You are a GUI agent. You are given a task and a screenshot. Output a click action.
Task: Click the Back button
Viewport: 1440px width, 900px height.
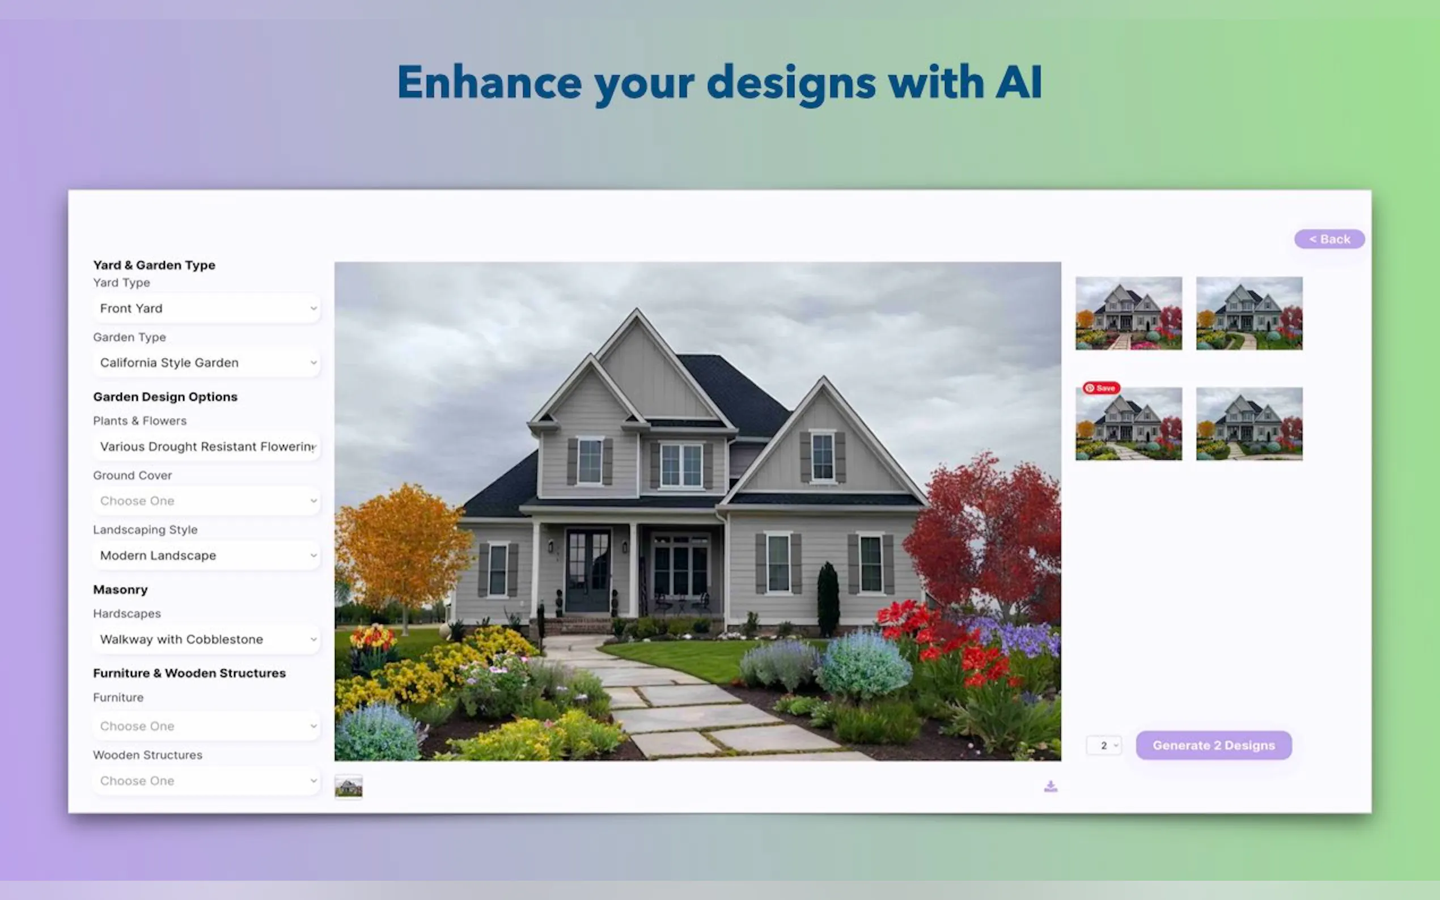[1329, 239]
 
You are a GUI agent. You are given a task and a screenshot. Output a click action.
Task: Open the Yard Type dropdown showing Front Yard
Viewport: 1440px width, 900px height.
[206, 308]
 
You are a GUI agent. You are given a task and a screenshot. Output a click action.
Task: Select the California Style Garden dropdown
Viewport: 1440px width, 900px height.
[206, 363]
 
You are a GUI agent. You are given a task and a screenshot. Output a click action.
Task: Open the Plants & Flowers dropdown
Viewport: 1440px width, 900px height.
[206, 447]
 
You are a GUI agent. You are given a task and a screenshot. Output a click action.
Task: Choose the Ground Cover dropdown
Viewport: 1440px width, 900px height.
[206, 500]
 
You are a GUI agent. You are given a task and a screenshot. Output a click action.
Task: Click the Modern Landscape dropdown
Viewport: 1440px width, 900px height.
[206, 555]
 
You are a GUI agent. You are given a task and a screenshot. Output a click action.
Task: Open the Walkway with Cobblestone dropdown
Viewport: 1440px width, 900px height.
[206, 639]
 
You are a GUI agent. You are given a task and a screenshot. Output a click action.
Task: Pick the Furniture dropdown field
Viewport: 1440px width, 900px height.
[206, 726]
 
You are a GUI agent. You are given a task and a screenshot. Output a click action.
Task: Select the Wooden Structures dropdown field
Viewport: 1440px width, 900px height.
[206, 780]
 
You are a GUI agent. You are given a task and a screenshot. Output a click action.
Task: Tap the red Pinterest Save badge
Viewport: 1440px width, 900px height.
[1102, 388]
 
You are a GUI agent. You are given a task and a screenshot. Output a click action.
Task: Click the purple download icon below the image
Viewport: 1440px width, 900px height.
[1051, 786]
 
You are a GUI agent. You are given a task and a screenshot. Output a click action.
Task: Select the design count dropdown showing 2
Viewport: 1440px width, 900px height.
[1104, 745]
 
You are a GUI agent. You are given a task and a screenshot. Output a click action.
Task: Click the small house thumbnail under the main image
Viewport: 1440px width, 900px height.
[348, 787]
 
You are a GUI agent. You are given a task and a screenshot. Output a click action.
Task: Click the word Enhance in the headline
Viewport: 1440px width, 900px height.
[489, 82]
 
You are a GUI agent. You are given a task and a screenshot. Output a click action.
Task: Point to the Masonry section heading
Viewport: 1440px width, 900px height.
[120, 589]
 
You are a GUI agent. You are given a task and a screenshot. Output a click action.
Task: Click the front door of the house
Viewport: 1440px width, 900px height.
[587, 570]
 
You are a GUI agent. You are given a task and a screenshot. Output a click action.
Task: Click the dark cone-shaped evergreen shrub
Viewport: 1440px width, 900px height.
[828, 599]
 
